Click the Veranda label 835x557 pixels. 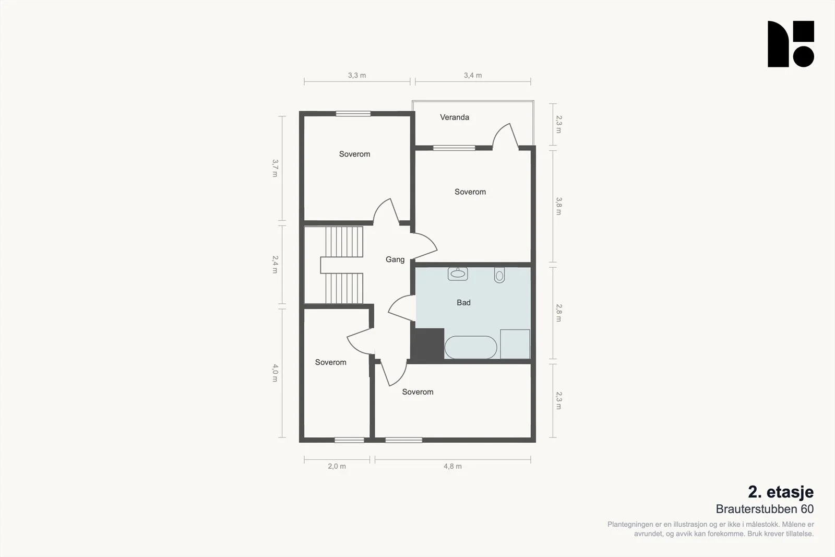(455, 117)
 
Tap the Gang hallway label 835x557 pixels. (395, 259)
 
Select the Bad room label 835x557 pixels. (463, 302)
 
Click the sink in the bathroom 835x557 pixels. (458, 274)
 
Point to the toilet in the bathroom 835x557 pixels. (499, 275)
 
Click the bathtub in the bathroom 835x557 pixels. (471, 348)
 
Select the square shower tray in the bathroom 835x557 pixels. (515, 344)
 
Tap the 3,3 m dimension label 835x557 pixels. (357, 75)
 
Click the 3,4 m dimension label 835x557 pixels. (473, 75)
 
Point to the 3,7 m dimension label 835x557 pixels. (275, 168)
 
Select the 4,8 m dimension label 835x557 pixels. (452, 466)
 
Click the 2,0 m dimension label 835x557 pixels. (337, 466)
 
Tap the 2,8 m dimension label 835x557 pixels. (559, 313)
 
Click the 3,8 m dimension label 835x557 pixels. (559, 206)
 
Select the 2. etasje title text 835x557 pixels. (781, 492)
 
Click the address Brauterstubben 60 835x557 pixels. (765, 509)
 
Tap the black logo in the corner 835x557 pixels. (791, 44)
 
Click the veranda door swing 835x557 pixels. (506, 137)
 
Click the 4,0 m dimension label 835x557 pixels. (275, 373)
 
